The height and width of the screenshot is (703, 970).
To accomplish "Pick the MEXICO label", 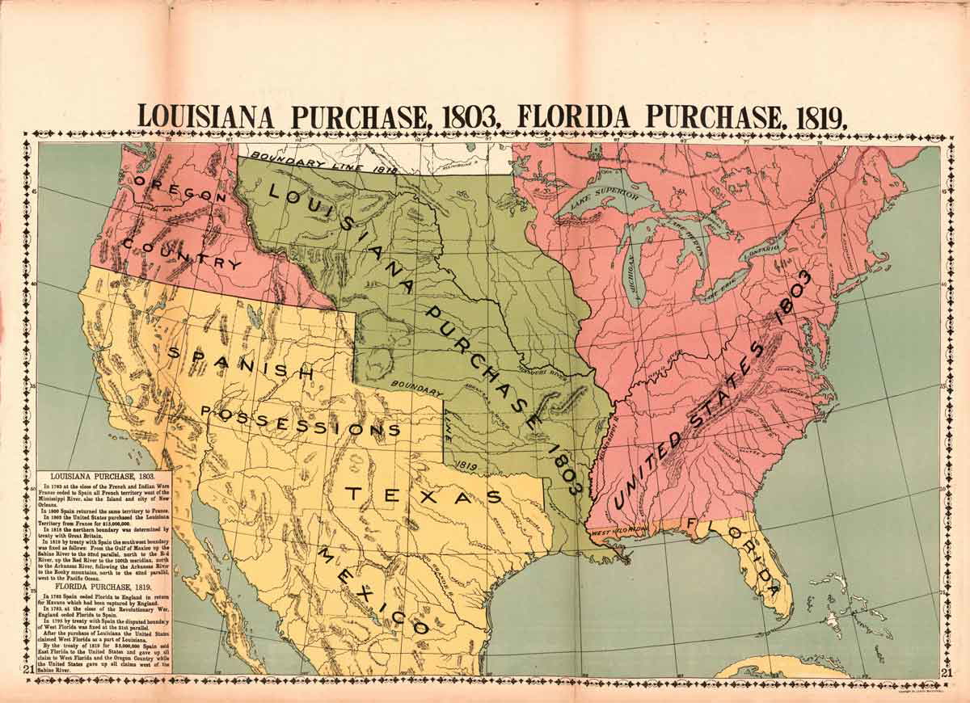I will click(371, 590).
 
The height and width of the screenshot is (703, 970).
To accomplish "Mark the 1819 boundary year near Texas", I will click(463, 465).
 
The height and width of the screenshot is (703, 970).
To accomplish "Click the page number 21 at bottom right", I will click(946, 671).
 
